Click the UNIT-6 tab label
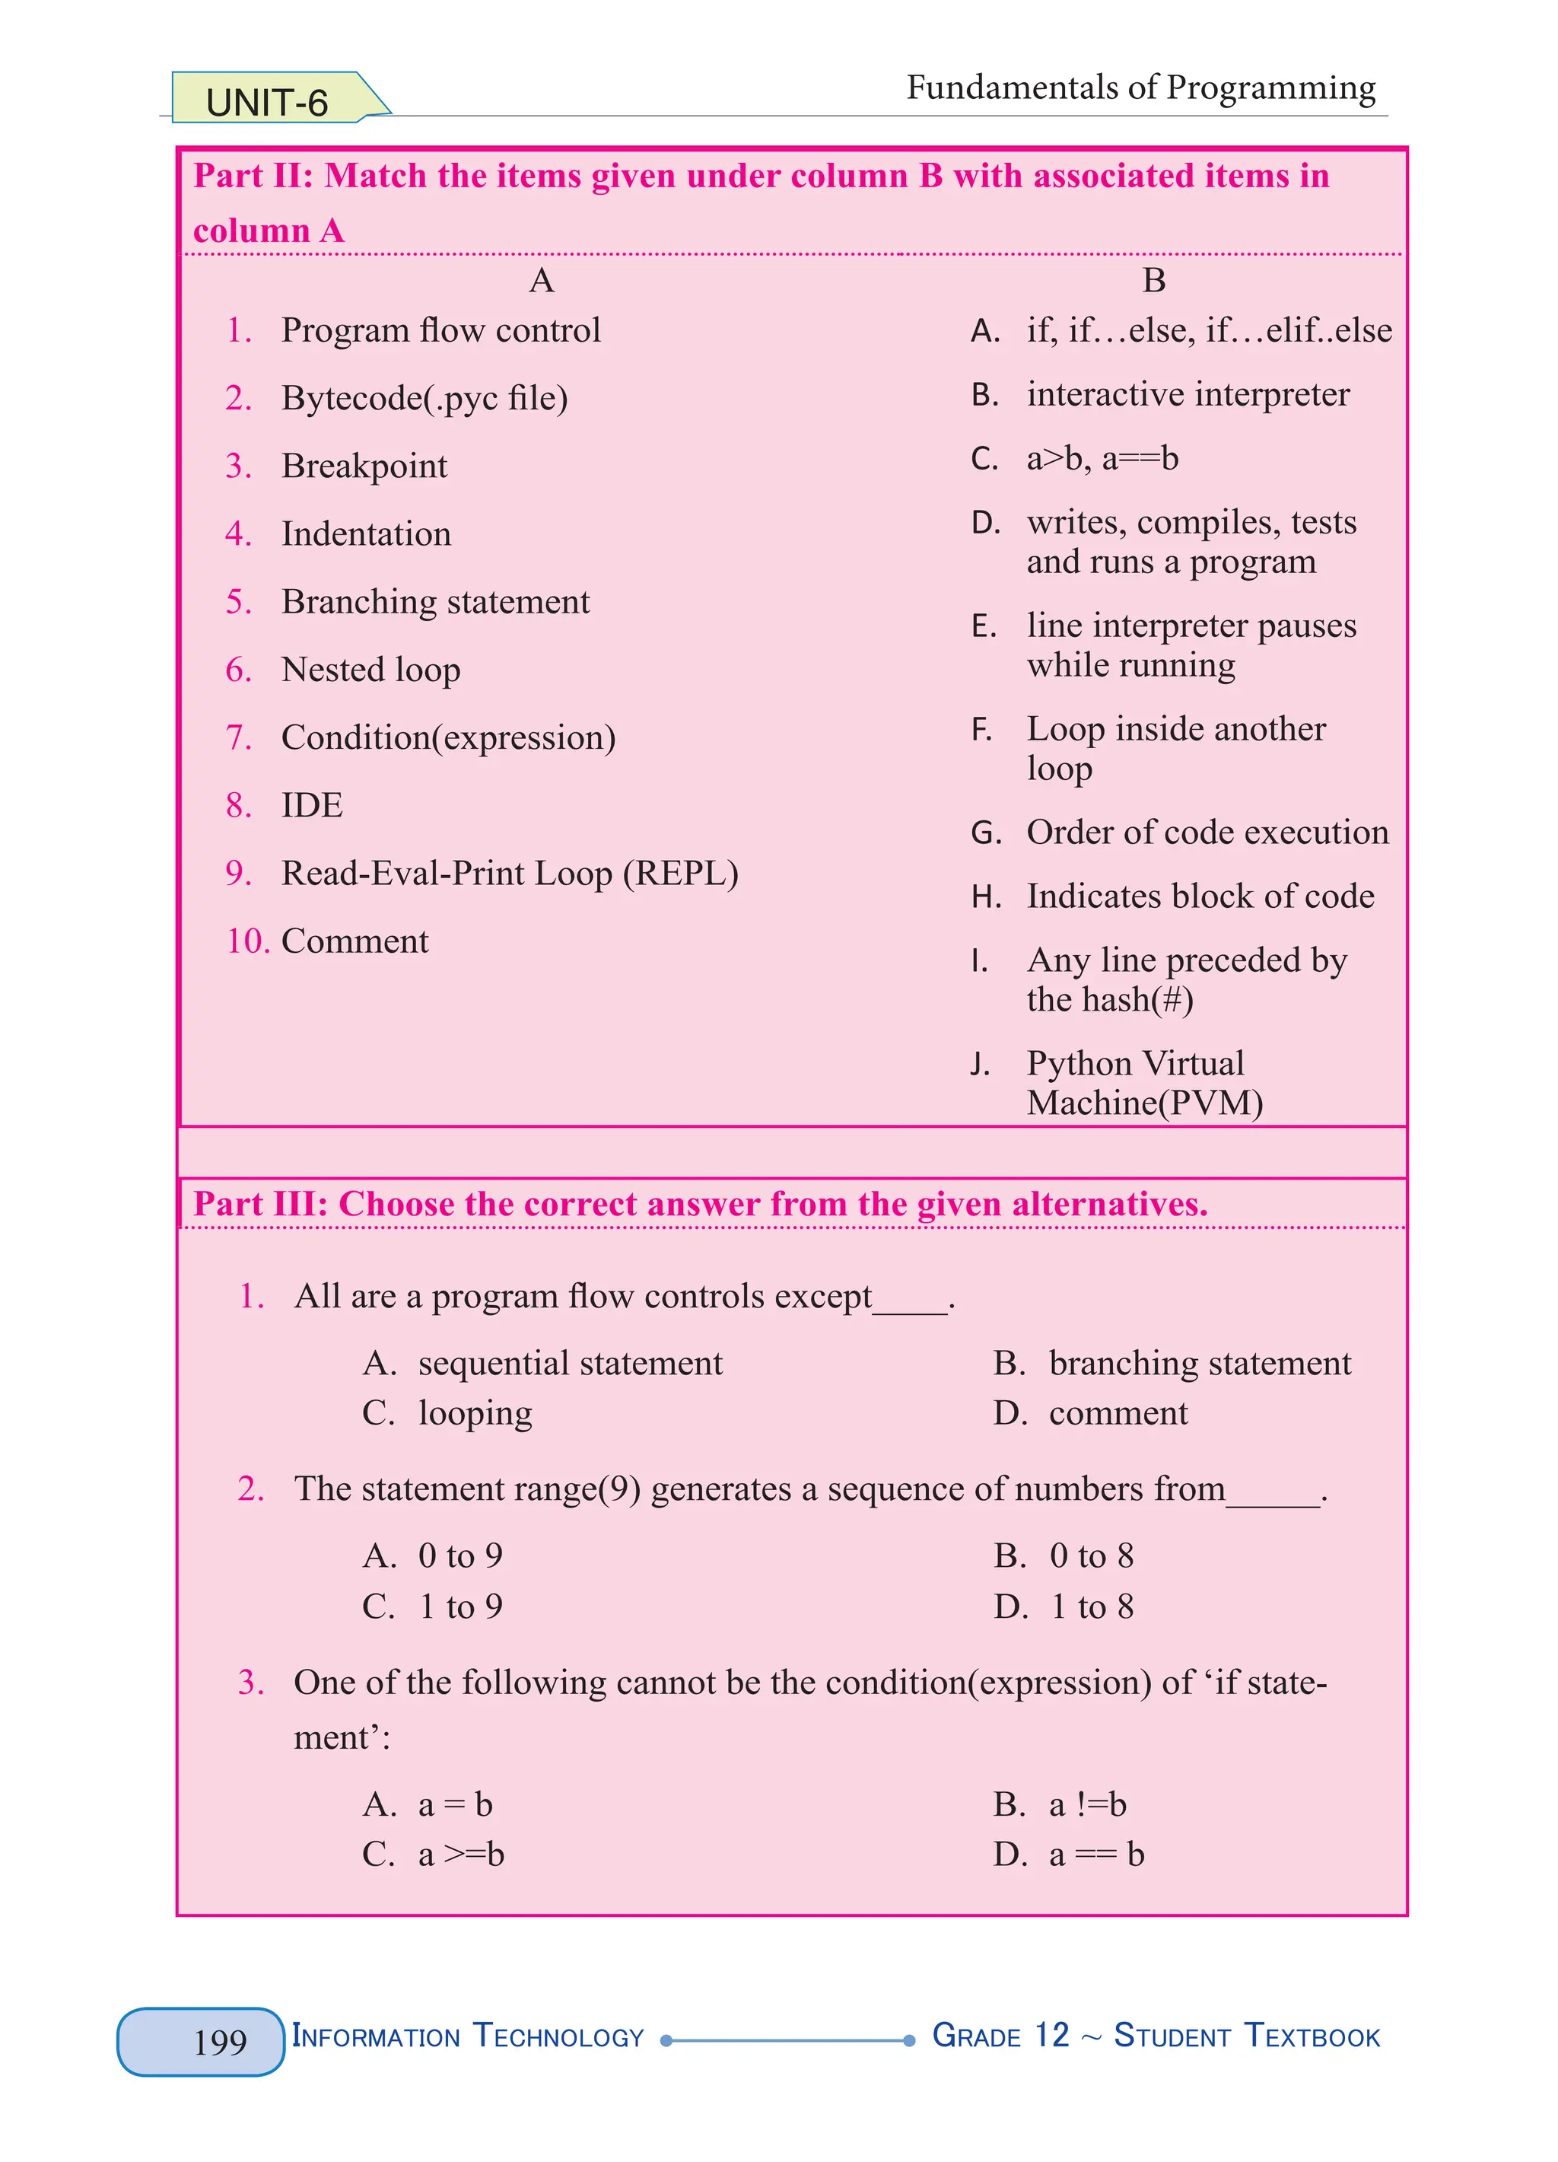267,102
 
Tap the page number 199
219,2042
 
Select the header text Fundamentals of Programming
1140,88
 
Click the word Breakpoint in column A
364,466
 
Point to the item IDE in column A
312,805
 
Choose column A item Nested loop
370,670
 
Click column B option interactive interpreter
1188,395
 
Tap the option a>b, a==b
1102,459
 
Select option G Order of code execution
1207,833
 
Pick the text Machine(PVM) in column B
1144,1103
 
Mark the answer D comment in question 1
1117,1412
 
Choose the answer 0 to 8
1091,1555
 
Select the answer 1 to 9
460,1606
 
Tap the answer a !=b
1087,1804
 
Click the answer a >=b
461,1854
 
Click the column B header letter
1153,280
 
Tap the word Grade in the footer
976,2036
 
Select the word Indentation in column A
366,533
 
